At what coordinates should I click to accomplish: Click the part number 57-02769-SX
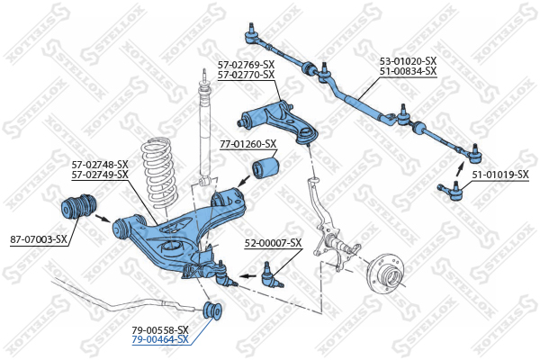pos(246,65)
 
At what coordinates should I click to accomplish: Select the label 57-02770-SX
pos(246,75)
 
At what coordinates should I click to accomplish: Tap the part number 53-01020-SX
pos(408,61)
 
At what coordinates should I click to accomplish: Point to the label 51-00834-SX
pos(408,71)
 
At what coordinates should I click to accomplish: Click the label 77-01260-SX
pos(248,144)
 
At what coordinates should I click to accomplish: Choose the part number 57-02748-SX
pos(100,164)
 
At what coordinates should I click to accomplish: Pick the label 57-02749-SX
pos(100,175)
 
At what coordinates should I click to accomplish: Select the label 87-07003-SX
pos(39,239)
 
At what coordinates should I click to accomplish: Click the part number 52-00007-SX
pos(273,243)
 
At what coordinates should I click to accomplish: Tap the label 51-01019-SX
pos(500,175)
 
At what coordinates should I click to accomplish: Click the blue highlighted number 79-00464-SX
pos(160,339)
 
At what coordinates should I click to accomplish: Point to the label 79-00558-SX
pos(160,330)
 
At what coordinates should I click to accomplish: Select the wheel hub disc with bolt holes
pos(386,274)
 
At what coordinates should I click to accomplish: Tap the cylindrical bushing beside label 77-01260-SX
pos(265,167)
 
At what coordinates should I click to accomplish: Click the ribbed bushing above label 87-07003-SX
pos(79,207)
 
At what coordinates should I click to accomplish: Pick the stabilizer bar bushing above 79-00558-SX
pos(212,310)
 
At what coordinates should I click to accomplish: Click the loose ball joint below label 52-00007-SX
pos(272,276)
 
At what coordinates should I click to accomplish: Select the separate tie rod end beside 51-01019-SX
pos(451,191)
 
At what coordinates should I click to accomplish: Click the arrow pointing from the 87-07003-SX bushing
pos(103,219)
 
